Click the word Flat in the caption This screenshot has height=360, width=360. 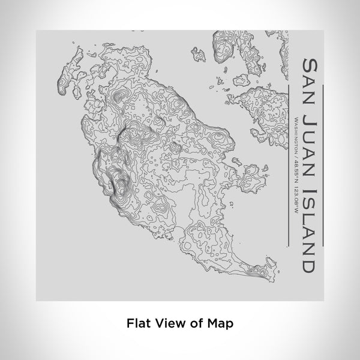137,323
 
